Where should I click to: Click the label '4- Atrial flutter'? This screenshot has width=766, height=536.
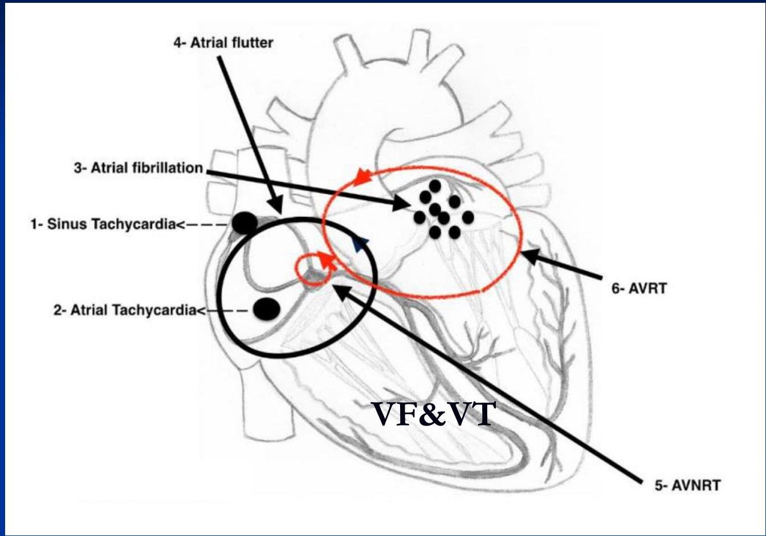(x=223, y=43)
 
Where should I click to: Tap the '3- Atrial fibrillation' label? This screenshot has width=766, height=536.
(x=138, y=169)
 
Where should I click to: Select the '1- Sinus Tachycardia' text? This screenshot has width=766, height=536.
(x=102, y=224)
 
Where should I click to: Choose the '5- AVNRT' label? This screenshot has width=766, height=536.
(x=687, y=486)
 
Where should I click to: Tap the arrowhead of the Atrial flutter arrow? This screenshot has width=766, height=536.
(x=275, y=206)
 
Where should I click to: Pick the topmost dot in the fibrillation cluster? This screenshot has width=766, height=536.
(x=435, y=186)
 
